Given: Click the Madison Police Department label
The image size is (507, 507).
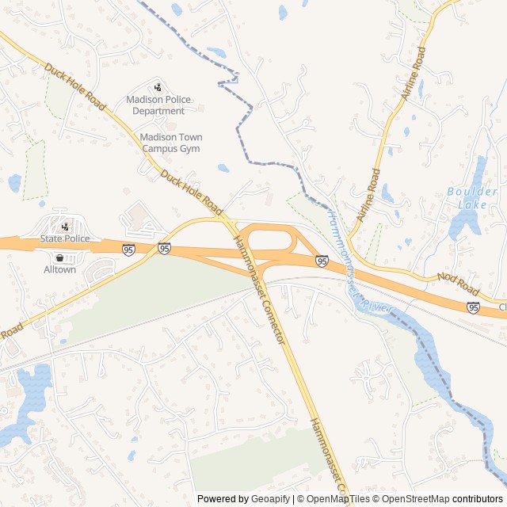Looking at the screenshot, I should (158, 105).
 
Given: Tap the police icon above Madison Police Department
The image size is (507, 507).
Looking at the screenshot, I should (158, 87).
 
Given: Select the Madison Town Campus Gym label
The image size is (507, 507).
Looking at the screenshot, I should (171, 143).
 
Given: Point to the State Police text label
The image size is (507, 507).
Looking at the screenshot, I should (65, 238).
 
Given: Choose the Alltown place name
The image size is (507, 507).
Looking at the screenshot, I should (60, 269).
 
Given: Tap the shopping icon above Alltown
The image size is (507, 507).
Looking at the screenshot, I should (60, 257).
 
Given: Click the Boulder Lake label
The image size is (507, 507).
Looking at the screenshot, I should (472, 197).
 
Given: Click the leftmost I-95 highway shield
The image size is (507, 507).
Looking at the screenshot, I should (128, 250).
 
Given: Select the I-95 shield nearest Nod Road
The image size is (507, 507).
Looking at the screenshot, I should (473, 307).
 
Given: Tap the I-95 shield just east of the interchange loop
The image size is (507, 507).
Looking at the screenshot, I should (322, 261).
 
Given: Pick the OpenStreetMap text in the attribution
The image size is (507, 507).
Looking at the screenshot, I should (413, 499).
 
